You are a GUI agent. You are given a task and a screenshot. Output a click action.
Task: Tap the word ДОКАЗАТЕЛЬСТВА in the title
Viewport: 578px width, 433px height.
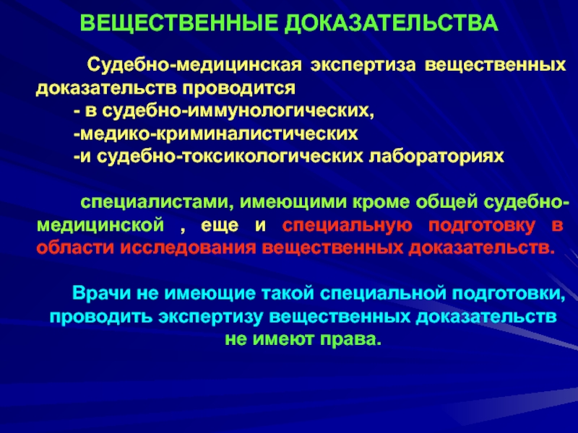[x=392, y=24]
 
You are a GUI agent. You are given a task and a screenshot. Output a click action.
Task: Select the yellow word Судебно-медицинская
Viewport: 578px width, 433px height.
[x=194, y=66]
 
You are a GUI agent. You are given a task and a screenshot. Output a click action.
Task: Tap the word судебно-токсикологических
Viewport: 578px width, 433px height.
[x=230, y=157]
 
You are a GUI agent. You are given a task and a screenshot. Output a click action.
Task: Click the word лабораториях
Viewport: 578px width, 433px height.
[x=436, y=157]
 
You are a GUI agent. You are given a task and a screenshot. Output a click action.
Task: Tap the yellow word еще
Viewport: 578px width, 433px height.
[x=220, y=225]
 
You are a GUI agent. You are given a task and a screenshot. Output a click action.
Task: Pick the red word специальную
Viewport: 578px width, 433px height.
[x=347, y=226]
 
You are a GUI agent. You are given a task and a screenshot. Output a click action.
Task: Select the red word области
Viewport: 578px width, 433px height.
[x=75, y=248]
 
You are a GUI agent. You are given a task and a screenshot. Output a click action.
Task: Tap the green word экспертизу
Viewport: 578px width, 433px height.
[x=210, y=318]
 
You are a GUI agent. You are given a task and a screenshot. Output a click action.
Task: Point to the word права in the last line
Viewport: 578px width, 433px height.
[x=350, y=339]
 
